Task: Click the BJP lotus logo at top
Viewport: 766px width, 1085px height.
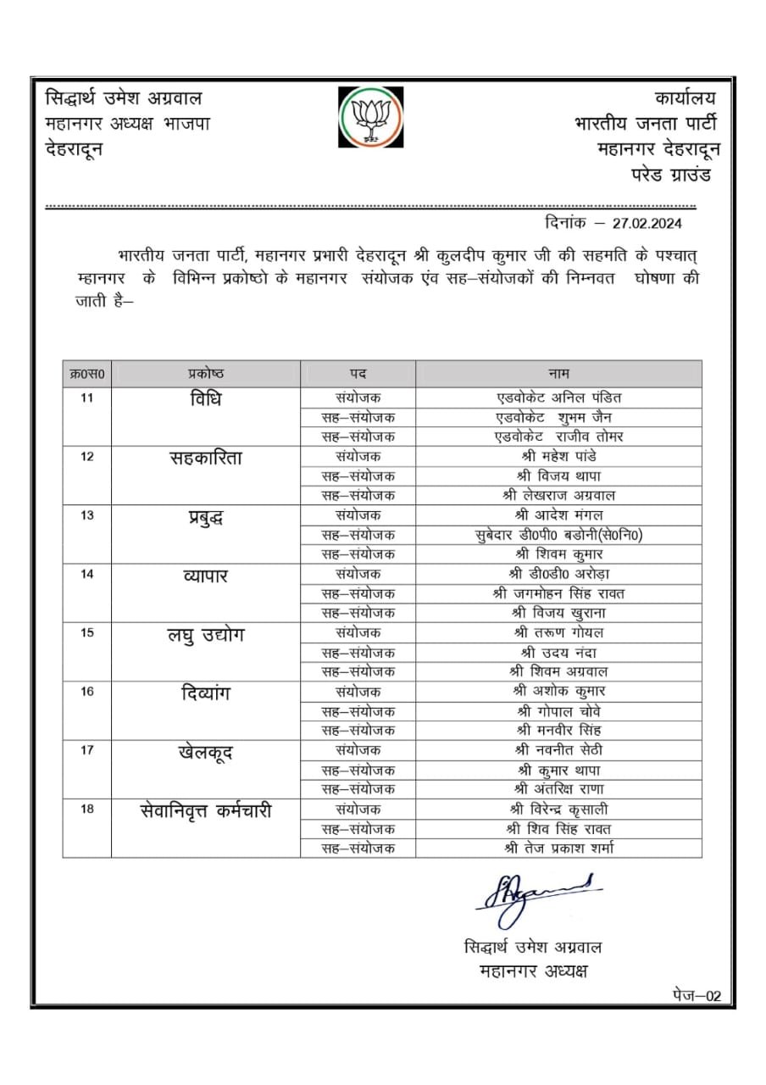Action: (x=369, y=116)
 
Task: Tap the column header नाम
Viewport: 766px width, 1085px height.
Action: (x=558, y=374)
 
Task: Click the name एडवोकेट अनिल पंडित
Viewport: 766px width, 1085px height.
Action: (x=558, y=397)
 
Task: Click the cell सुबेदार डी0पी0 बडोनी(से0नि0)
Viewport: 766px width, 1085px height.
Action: (x=558, y=535)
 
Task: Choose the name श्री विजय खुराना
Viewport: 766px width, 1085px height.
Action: (x=558, y=613)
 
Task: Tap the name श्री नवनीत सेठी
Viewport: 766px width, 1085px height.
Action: (x=558, y=750)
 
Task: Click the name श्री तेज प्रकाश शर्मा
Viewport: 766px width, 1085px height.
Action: (x=558, y=848)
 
